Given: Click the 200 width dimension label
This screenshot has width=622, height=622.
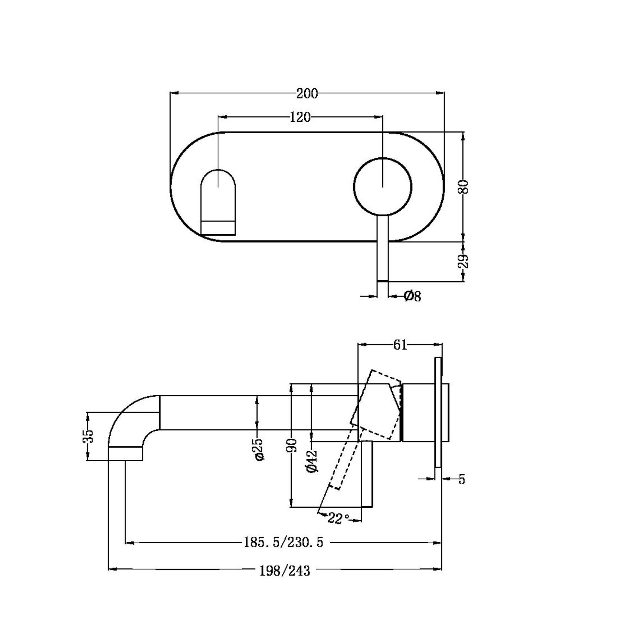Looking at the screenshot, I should [x=307, y=94].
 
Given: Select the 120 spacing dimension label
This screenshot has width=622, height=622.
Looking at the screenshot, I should [x=300, y=117].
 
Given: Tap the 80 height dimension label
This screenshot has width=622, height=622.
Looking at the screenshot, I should [x=464, y=187].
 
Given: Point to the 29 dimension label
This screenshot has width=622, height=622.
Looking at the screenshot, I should [x=464, y=262].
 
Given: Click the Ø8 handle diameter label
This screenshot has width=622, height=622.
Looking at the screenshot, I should [x=412, y=296].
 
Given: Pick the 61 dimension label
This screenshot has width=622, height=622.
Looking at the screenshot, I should [x=400, y=345].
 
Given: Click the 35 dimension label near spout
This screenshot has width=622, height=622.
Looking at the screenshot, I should [x=88, y=436].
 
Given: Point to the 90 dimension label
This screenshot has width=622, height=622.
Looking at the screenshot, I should [x=292, y=445].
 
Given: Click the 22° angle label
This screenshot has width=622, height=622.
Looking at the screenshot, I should [x=338, y=519].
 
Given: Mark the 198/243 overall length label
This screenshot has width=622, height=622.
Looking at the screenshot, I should [x=284, y=570].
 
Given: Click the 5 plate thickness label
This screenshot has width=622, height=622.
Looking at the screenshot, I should [x=461, y=479].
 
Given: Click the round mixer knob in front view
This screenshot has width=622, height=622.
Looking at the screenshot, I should [x=383, y=186].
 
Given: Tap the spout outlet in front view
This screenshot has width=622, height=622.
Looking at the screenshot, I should [x=218, y=208].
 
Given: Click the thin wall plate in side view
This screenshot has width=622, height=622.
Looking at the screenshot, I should [x=438, y=412].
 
